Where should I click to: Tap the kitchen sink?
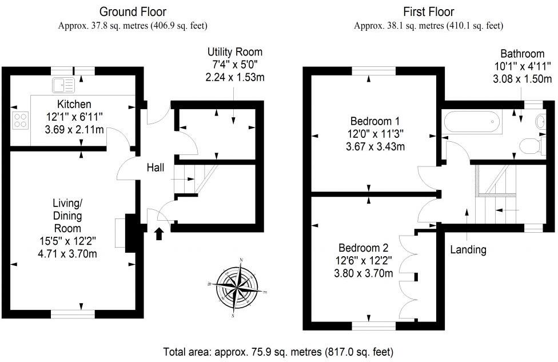[x=63, y=85]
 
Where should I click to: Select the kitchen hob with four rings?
[x=21, y=120]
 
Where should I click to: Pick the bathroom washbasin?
[x=540, y=121]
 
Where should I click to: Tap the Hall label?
[x=156, y=168]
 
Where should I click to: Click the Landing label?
[x=468, y=249]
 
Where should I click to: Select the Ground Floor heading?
[x=133, y=11]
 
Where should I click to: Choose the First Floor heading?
[x=428, y=11]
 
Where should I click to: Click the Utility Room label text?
[x=234, y=52]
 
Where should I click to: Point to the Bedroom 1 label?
[x=374, y=121]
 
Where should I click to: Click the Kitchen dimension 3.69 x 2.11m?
[x=74, y=130]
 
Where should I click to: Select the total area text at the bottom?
[x=278, y=351]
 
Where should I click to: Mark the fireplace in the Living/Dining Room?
[x=124, y=233]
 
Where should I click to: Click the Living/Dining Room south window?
[x=73, y=313]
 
